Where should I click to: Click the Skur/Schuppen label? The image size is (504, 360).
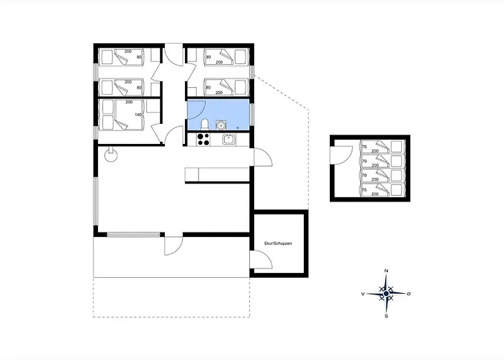coord(278,243)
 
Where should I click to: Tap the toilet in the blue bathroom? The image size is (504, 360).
coord(204,125)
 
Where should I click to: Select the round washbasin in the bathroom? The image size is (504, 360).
coord(221,125)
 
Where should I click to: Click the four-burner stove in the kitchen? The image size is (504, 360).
coord(203,140)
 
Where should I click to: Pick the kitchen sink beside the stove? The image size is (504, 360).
coord(229,140)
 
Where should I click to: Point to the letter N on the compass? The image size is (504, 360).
coord(387,271)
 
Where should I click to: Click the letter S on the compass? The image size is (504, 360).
coord(387,316)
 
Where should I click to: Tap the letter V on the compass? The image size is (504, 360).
coord(363,294)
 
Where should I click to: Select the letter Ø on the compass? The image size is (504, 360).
coord(409,294)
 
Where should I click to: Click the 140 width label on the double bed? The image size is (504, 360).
coord(138,114)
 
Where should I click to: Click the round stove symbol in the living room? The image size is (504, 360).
coord(111,156)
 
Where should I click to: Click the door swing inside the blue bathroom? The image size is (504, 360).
coord(197,109)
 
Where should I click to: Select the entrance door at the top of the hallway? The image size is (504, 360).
coord(174,57)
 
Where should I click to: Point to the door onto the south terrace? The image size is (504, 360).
coord(174,246)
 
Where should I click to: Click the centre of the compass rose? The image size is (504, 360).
coord(387,294)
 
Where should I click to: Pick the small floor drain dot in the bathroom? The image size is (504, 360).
coord(238,127)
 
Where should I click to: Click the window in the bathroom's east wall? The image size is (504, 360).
coord(252,114)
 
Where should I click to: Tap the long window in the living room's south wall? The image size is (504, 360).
coord(133,235)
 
